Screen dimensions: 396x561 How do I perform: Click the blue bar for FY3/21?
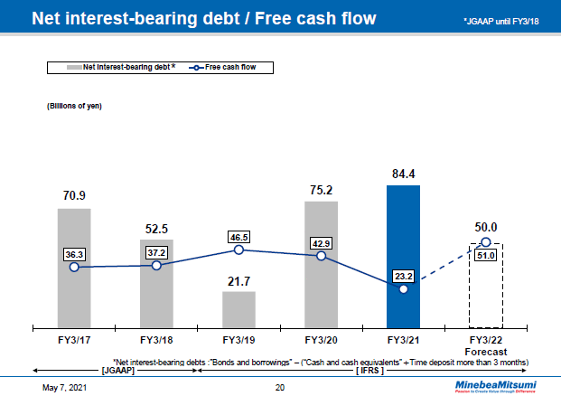(x=403, y=256)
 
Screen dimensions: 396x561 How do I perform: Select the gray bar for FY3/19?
(x=238, y=308)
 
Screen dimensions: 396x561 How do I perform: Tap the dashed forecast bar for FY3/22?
(x=485, y=285)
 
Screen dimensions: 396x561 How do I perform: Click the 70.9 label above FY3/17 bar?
(x=74, y=194)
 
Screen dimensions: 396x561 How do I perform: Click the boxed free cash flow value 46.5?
(x=238, y=233)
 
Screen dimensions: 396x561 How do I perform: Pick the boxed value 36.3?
(x=74, y=254)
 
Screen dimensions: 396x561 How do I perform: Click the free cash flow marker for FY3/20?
(x=321, y=257)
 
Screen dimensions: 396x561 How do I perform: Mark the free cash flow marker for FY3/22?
(x=485, y=242)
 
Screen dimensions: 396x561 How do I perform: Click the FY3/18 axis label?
(x=156, y=340)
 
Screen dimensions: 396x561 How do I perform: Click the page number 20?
(x=280, y=387)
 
